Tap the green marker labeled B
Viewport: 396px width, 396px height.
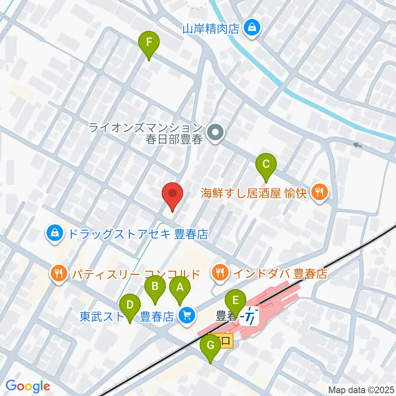[x=155, y=286]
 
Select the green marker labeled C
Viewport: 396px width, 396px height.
[x=266, y=165]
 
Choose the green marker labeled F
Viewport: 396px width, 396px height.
[x=149, y=42]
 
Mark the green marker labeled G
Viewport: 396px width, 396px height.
[x=210, y=346]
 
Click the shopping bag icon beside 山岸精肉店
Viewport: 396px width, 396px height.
[x=251, y=28]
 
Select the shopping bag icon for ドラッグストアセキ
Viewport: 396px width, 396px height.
[x=55, y=235]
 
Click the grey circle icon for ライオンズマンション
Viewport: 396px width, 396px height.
[x=215, y=133]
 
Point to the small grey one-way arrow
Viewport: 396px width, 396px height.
[x=357, y=145]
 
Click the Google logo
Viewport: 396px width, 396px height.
[x=28, y=386]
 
